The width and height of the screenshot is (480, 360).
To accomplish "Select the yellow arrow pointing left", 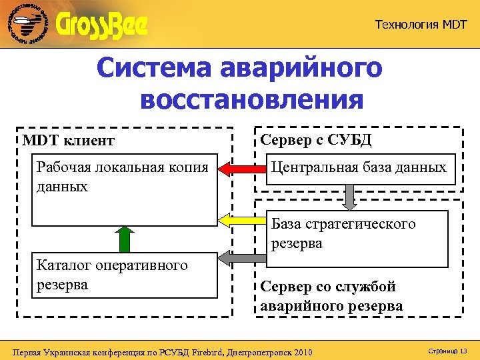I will [243, 219].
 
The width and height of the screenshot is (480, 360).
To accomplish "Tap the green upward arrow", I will [124, 238].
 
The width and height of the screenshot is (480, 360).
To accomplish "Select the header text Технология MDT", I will [421, 25].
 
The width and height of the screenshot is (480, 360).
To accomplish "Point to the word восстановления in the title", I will [253, 100].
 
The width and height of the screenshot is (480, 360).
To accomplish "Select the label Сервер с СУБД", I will [316, 140].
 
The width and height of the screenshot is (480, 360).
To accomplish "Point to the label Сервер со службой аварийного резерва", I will [332, 297].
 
